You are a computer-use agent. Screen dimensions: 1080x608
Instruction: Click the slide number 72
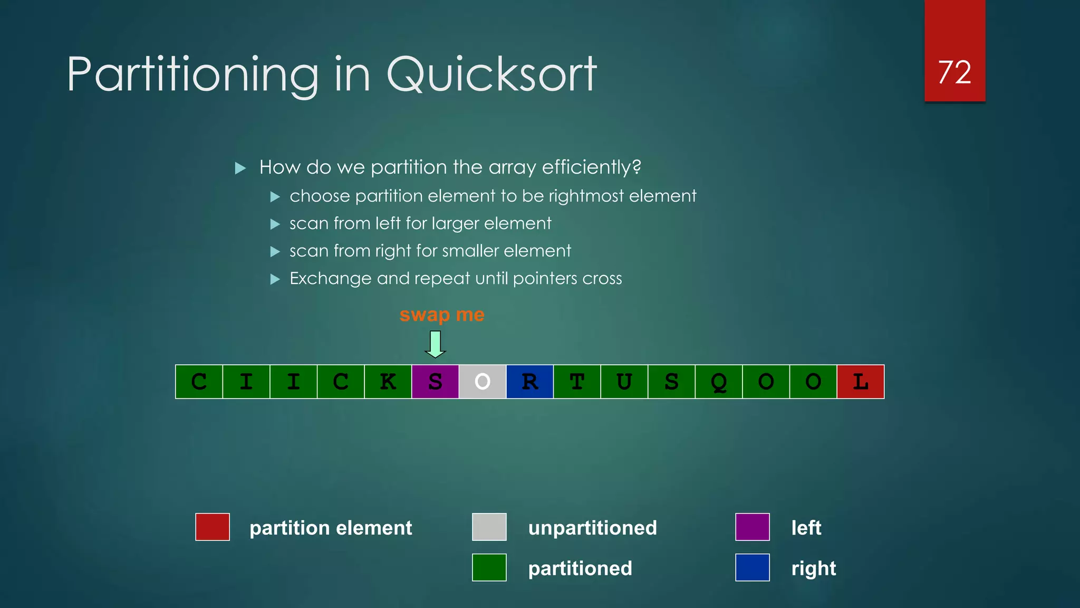click(x=954, y=72)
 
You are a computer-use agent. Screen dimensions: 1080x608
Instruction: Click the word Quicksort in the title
click(x=491, y=74)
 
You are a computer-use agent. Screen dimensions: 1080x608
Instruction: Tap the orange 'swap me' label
click(x=442, y=315)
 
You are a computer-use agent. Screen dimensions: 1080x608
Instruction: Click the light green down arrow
click(x=435, y=344)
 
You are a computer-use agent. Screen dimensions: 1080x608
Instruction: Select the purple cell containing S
click(x=435, y=382)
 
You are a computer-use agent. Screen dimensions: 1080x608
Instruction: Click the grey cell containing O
click(x=482, y=382)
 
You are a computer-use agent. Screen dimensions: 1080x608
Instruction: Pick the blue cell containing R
click(x=529, y=382)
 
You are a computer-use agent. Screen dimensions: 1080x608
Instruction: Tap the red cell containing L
click(x=861, y=382)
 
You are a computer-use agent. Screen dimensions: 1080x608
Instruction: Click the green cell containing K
click(x=388, y=382)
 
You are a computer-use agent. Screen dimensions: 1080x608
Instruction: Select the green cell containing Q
click(x=719, y=382)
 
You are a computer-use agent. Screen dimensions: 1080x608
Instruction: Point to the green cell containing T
click(x=577, y=382)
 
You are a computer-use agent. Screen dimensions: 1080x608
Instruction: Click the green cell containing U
click(x=624, y=382)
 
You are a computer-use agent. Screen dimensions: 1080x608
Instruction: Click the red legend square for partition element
click(x=213, y=527)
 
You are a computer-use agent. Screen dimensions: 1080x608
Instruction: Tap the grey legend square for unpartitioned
click(x=489, y=527)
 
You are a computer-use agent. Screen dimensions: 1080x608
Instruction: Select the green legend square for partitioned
click(x=489, y=567)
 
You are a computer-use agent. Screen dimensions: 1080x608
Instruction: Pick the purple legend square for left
click(x=753, y=527)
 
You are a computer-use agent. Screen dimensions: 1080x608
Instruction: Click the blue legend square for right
click(x=753, y=567)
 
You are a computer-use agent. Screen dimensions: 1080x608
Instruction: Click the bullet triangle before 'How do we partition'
click(x=240, y=168)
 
